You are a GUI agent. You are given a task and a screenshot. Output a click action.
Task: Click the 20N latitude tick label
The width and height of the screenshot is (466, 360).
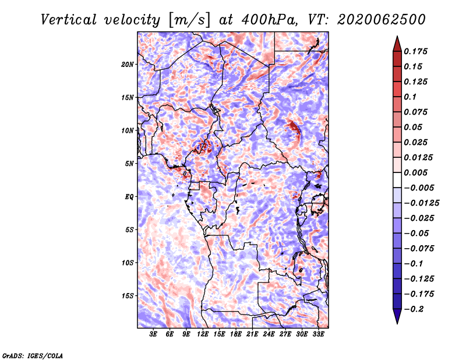pyautogui.click(x=128, y=65)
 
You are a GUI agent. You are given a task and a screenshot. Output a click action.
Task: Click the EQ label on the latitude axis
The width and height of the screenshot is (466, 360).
pyautogui.click(x=129, y=197)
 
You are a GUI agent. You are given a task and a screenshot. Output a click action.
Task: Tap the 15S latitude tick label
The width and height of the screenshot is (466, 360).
pyautogui.click(x=128, y=296)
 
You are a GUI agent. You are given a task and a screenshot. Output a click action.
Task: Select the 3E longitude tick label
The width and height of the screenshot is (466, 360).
pyautogui.click(x=153, y=334)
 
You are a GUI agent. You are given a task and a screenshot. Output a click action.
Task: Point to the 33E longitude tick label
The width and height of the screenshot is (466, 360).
pyautogui.click(x=318, y=334)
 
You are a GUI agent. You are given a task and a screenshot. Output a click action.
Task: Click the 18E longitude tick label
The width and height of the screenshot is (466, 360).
pyautogui.click(x=236, y=334)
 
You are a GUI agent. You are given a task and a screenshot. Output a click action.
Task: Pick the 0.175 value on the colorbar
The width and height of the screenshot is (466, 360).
pyautogui.click(x=415, y=51)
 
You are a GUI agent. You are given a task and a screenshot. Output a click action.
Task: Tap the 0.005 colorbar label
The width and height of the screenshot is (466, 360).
pyautogui.click(x=415, y=172)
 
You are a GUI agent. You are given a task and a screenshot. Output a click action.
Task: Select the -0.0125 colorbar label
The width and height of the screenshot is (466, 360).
pyautogui.click(x=421, y=203)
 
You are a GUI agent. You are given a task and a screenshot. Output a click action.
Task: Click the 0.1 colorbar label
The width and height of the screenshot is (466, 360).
pyautogui.click(x=410, y=97)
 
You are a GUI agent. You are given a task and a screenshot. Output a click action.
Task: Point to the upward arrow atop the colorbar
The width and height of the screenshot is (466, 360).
pyautogui.click(x=397, y=44)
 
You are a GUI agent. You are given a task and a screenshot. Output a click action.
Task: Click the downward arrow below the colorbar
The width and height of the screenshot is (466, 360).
pyautogui.click(x=397, y=316)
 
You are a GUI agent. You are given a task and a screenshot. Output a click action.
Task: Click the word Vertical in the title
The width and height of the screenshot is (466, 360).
pyautogui.click(x=68, y=20)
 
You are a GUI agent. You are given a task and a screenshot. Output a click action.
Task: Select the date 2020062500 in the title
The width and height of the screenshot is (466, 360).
pyautogui.click(x=382, y=20)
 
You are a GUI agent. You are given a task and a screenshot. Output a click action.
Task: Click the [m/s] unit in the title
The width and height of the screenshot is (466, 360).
pyautogui.click(x=189, y=20)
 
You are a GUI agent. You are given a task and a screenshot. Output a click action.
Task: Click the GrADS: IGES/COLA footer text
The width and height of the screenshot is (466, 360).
pyautogui.click(x=33, y=355)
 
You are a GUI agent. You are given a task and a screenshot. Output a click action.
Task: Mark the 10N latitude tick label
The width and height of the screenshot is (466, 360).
pyautogui.click(x=128, y=131)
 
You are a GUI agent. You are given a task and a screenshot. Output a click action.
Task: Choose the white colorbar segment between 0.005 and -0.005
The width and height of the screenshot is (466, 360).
pyautogui.click(x=397, y=180)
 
